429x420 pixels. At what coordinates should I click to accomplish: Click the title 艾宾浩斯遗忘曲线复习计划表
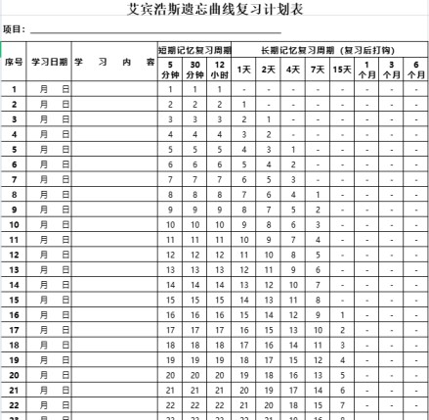[215, 10]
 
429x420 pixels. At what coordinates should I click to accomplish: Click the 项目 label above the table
[15, 30]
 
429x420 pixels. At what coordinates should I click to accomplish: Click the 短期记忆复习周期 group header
[195, 49]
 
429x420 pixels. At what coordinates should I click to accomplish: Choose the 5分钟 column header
[170, 70]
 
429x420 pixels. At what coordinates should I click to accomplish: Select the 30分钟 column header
[195, 70]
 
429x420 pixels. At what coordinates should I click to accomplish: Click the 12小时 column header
[220, 70]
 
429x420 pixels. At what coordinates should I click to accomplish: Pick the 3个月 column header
[392, 70]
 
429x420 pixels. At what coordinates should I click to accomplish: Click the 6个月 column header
[416, 70]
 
